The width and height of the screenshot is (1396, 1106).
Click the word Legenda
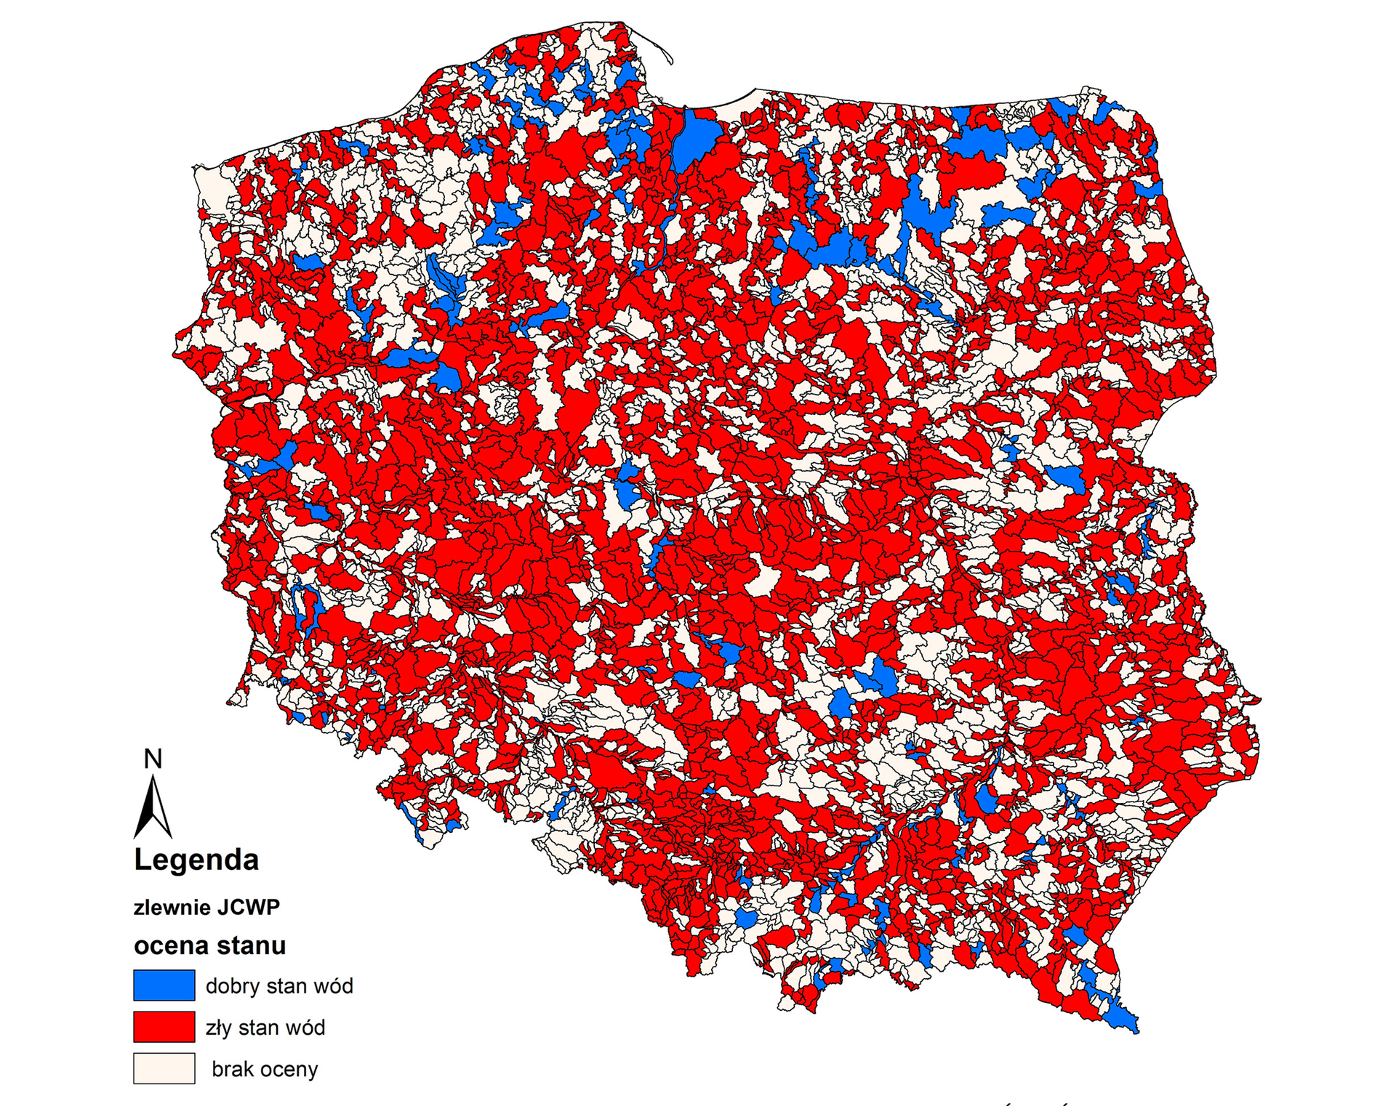click(196, 860)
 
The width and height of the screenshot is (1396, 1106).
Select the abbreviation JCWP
click(246, 908)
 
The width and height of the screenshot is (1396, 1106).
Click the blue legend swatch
click(164, 985)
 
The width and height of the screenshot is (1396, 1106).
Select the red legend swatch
click(164, 1027)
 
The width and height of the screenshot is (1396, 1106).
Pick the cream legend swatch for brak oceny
click(164, 1068)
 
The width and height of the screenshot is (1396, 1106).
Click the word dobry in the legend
click(233, 987)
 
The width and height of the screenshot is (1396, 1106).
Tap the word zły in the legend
click(218, 1028)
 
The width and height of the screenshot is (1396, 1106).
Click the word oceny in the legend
click(289, 1070)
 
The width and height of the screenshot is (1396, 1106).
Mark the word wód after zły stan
click(305, 1028)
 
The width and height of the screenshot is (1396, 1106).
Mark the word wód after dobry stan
click(334, 987)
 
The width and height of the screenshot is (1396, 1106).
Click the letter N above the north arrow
click(153, 759)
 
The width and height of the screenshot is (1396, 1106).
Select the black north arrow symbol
click(153, 808)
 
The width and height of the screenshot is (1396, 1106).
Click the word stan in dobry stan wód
click(288, 987)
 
